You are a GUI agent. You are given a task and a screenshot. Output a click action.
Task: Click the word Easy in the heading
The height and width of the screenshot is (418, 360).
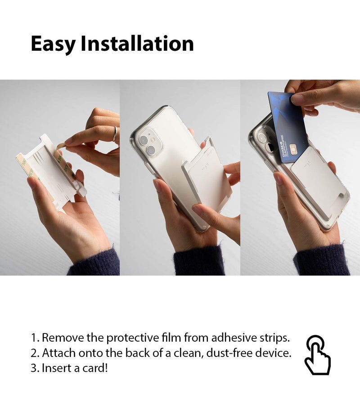53,44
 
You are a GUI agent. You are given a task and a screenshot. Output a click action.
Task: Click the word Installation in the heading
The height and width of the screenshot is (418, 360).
137,44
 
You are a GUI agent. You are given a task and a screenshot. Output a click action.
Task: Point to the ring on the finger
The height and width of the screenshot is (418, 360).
115,134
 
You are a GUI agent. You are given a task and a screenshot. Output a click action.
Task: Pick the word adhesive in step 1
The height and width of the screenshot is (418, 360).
230,338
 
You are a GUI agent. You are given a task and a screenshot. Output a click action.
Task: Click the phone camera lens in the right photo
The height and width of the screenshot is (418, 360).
261,147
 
